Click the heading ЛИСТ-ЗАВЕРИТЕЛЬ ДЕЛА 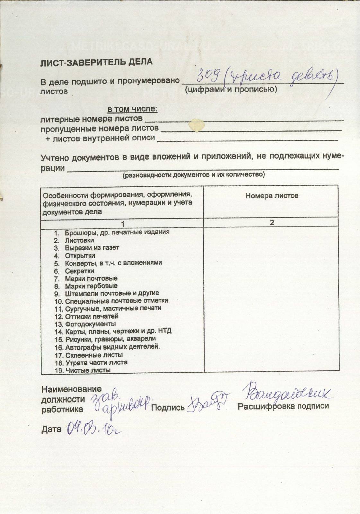click(x=96, y=62)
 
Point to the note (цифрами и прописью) click(x=231, y=89)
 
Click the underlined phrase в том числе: click(x=132, y=110)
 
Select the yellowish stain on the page click(x=197, y=125)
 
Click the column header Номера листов click(x=272, y=195)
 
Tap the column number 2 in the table click(x=272, y=223)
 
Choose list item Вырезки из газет click(x=92, y=248)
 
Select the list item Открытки click(x=80, y=256)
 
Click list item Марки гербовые click(x=91, y=286)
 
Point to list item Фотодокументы click(x=90, y=324)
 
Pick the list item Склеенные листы click(x=94, y=355)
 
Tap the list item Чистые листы click(x=88, y=370)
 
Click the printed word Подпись click(x=168, y=408)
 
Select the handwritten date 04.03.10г click(x=95, y=429)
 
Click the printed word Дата click(x=51, y=429)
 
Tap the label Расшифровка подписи click(x=283, y=406)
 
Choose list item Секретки click(x=80, y=271)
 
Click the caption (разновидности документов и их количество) click(x=194, y=175)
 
